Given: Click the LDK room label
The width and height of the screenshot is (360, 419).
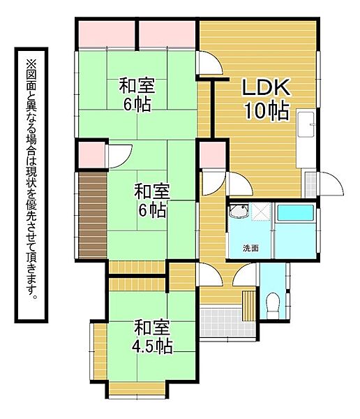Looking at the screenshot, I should tap(266, 88).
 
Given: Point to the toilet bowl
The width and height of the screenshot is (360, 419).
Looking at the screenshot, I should tap(273, 303).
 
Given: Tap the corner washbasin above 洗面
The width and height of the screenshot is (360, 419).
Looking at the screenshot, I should tap(239, 212).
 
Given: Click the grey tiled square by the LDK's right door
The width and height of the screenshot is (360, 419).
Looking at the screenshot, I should tap(310, 184).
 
